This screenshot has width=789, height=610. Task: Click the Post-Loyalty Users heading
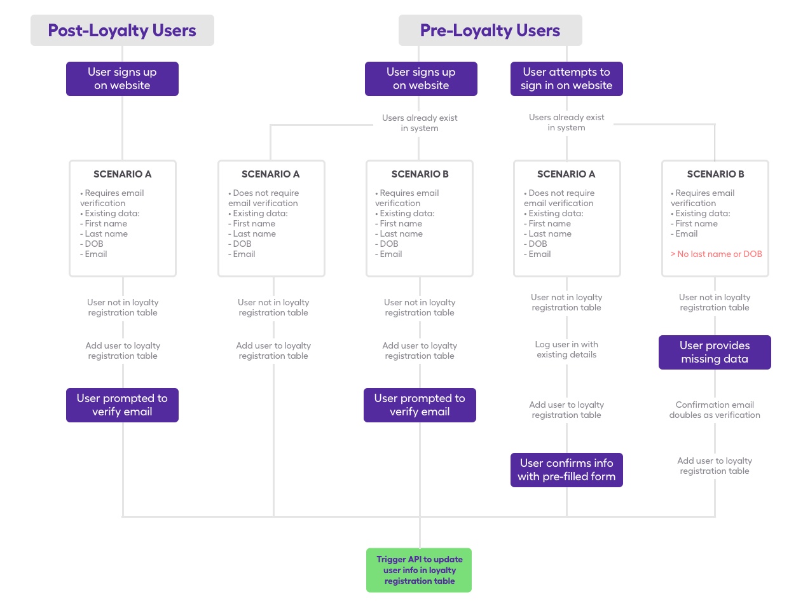pos(122,31)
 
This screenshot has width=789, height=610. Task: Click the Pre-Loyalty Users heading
pos(490,31)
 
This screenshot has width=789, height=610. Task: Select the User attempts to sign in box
pos(566,79)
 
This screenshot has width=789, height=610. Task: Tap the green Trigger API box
pos(419,570)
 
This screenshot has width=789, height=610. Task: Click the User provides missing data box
pos(715,352)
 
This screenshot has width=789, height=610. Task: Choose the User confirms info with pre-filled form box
pos(566,470)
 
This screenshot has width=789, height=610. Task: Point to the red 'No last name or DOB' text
pos(716,254)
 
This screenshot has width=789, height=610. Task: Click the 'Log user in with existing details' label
pos(566,349)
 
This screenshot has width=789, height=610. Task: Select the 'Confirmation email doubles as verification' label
pos(715,410)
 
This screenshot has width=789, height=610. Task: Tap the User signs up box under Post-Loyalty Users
pos(122,79)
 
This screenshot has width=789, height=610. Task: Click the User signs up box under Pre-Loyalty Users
pos(421,79)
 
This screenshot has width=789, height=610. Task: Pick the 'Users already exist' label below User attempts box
pos(566,122)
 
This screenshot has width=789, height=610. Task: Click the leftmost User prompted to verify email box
pos(122,405)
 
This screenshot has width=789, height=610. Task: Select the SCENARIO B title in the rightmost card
pos(715,174)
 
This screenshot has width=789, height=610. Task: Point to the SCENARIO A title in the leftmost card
pos(122,174)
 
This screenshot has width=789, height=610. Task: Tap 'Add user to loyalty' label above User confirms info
pos(566,410)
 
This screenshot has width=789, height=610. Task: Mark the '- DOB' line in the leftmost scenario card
pos(93,244)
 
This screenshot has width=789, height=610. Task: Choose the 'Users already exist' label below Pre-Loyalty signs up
pos(420,123)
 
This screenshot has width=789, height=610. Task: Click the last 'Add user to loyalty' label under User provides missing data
pos(715,466)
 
